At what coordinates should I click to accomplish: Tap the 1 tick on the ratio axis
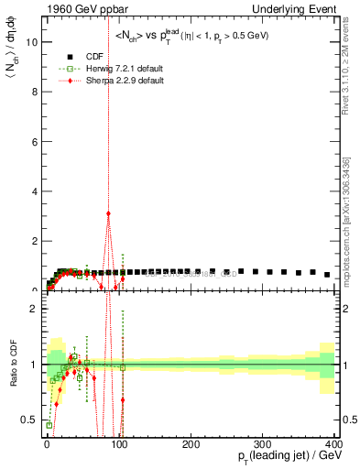pos(34,365)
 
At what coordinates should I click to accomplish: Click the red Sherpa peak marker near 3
pos(109,213)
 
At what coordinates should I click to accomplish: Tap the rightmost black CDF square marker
pos(327,274)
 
